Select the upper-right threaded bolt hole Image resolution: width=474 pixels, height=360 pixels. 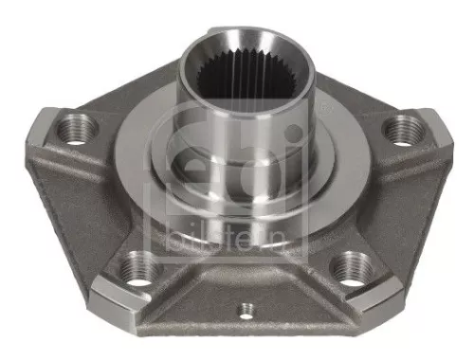click(x=404, y=126)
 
